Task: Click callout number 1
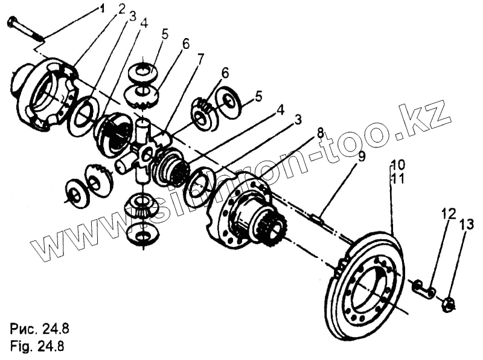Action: pos(103,8)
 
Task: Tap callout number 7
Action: pos(200,59)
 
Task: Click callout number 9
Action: pos(361,156)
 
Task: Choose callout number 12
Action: pos(448,214)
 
